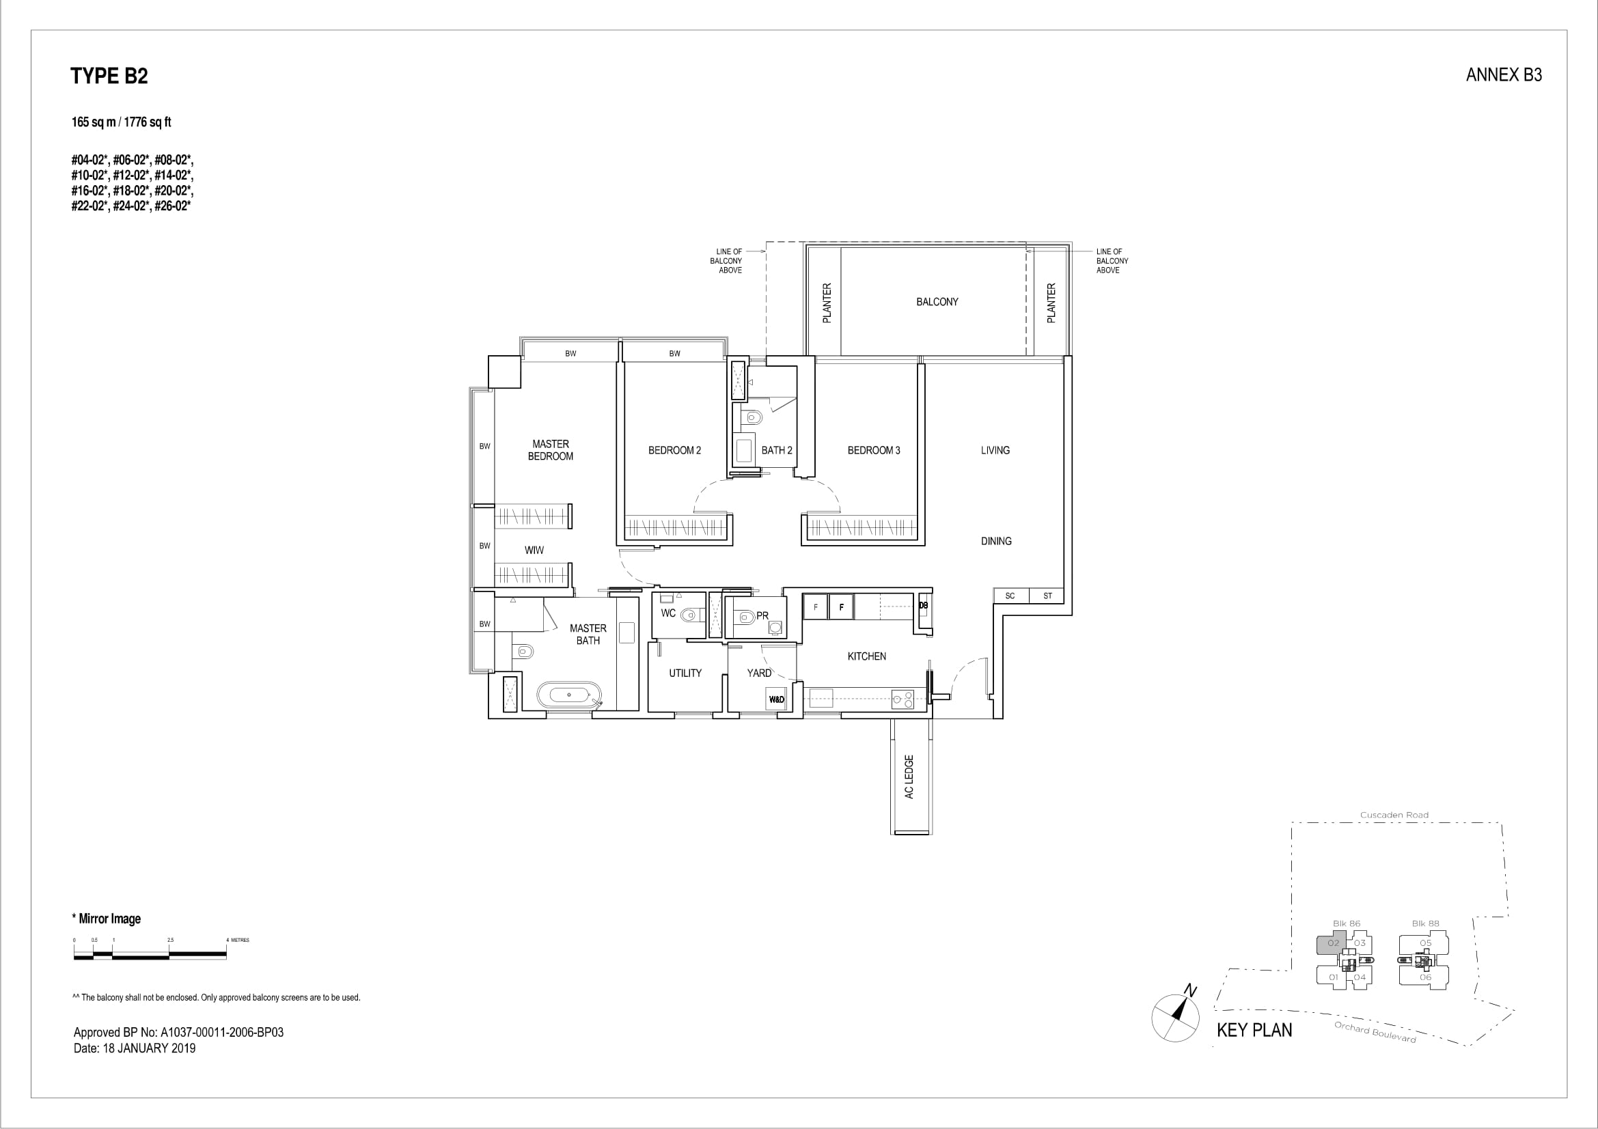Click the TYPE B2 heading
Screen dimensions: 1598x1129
point(109,76)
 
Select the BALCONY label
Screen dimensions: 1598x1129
point(937,302)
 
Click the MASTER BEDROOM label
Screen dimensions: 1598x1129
point(551,450)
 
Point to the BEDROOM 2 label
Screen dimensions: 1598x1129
point(674,451)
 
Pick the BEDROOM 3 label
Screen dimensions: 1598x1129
point(874,451)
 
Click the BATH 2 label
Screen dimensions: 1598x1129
point(777,451)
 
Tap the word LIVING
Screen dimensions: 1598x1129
point(995,451)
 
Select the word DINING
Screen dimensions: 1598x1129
point(996,541)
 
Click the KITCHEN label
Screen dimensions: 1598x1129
point(866,656)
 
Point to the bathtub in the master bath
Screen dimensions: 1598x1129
point(568,694)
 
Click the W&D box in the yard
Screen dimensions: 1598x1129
point(776,699)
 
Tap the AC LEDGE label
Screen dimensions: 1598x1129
point(909,777)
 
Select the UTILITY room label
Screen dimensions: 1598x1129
point(685,673)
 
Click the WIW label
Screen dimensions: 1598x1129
point(534,550)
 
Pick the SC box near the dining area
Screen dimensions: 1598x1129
point(1010,596)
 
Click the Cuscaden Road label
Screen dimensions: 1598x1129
point(1394,816)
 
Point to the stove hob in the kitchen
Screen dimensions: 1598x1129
point(903,699)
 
